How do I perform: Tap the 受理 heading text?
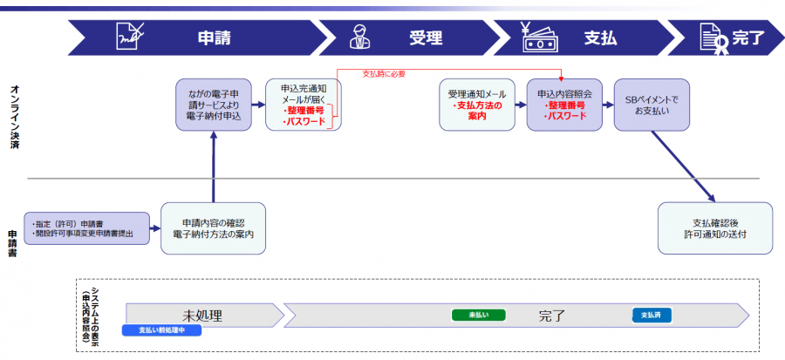click(x=426, y=38)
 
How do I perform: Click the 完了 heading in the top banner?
click(x=747, y=38)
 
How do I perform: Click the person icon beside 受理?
click(x=358, y=37)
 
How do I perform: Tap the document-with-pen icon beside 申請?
click(x=130, y=37)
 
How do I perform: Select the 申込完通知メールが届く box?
click(x=303, y=105)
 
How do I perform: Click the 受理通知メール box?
click(x=476, y=105)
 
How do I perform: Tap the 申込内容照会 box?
click(x=564, y=105)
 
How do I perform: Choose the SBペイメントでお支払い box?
click(x=652, y=106)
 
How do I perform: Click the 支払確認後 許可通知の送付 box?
click(x=714, y=228)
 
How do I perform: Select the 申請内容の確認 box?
click(x=213, y=228)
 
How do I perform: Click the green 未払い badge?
click(x=479, y=315)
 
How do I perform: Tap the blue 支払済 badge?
click(x=651, y=315)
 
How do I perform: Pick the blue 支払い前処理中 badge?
click(x=163, y=330)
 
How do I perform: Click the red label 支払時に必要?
click(x=384, y=74)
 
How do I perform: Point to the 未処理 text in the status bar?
click(x=203, y=315)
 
